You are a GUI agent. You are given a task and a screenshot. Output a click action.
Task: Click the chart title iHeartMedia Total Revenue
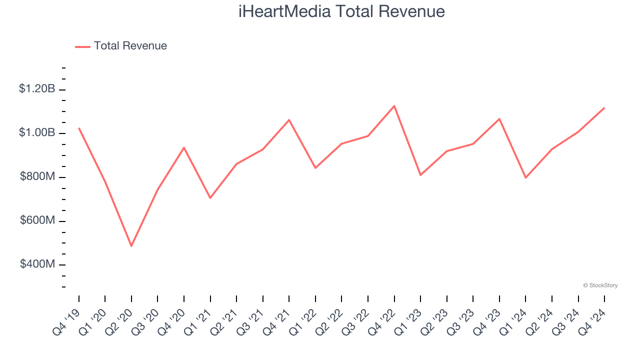(x=341, y=11)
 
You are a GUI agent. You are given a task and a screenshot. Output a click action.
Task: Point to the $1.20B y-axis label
(x=37, y=89)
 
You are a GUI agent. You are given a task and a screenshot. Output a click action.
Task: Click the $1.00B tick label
(x=37, y=132)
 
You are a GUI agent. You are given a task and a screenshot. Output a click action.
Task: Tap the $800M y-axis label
(x=37, y=176)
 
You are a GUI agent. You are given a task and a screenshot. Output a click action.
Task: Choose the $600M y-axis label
(x=37, y=220)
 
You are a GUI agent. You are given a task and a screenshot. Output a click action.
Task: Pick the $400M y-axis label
(x=37, y=264)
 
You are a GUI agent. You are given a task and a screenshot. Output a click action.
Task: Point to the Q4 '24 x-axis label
(x=592, y=321)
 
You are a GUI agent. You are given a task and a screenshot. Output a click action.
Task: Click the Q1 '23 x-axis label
(x=408, y=321)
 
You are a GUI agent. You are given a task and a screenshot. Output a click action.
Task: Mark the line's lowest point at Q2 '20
(x=131, y=246)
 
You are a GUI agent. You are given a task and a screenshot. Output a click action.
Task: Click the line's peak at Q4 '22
(x=394, y=106)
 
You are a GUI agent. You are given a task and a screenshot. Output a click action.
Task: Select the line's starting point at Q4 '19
(x=79, y=128)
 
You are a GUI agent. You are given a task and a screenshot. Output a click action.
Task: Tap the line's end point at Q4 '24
(x=604, y=107)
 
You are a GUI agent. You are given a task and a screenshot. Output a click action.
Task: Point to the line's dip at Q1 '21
(x=210, y=198)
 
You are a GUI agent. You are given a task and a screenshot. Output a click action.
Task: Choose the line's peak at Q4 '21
(x=289, y=120)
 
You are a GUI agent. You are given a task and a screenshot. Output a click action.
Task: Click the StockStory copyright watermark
(x=600, y=285)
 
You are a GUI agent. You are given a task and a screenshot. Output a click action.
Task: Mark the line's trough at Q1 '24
(x=525, y=177)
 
